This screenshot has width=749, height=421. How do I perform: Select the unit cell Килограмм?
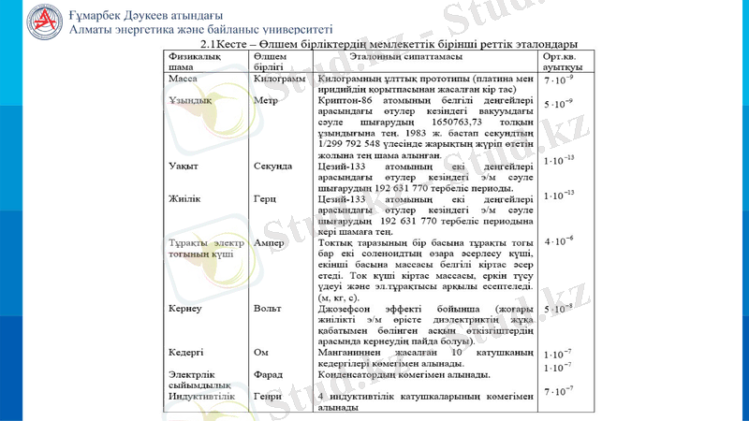coord(279,80)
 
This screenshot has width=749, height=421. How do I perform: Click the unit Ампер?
coord(270,242)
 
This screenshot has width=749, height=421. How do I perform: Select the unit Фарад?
coord(270,374)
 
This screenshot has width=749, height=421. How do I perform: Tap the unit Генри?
coord(270,397)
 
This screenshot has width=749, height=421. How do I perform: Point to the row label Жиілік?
coord(185,199)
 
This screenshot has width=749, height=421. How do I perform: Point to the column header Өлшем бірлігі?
coord(271,63)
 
